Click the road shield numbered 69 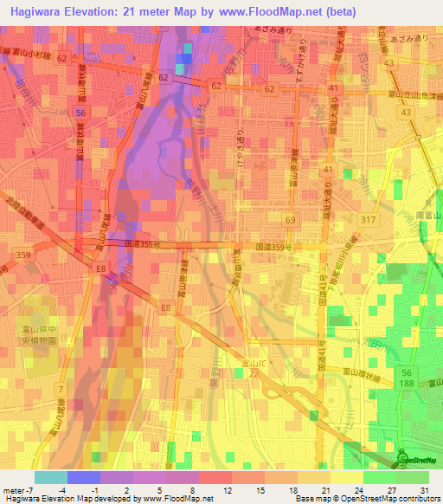click(x=290, y=222)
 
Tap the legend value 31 click(x=424, y=489)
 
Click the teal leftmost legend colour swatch click(x=51, y=477)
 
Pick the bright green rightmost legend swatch click(x=413, y=477)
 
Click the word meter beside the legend click(x=16, y=489)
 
